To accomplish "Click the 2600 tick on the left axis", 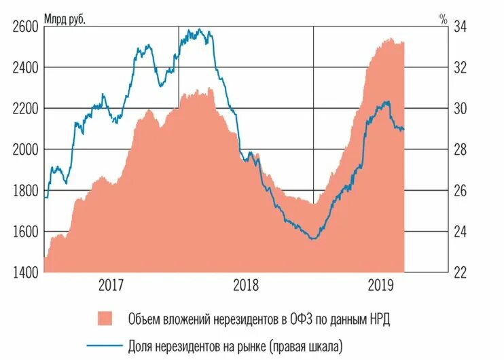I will pos(26,26).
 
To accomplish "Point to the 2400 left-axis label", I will pos(26,67).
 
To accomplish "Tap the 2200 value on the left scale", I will pos(26,108).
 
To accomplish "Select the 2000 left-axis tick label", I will pos(26,149).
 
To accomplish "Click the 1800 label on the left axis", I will pos(26,191).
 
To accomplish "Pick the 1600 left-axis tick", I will pos(26,232).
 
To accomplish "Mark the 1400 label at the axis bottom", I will pos(26,272).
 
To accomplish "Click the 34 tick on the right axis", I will pos(459,26).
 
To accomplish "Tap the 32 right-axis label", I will pos(459,67).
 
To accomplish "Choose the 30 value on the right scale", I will pos(459,108).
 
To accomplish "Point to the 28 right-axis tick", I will pos(459,149).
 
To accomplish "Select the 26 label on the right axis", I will pos(459,191).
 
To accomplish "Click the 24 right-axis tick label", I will pos(459,232).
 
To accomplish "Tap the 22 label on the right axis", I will pos(459,272).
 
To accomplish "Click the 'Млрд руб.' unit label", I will pos(65,18).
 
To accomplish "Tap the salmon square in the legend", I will pos(105,318).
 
